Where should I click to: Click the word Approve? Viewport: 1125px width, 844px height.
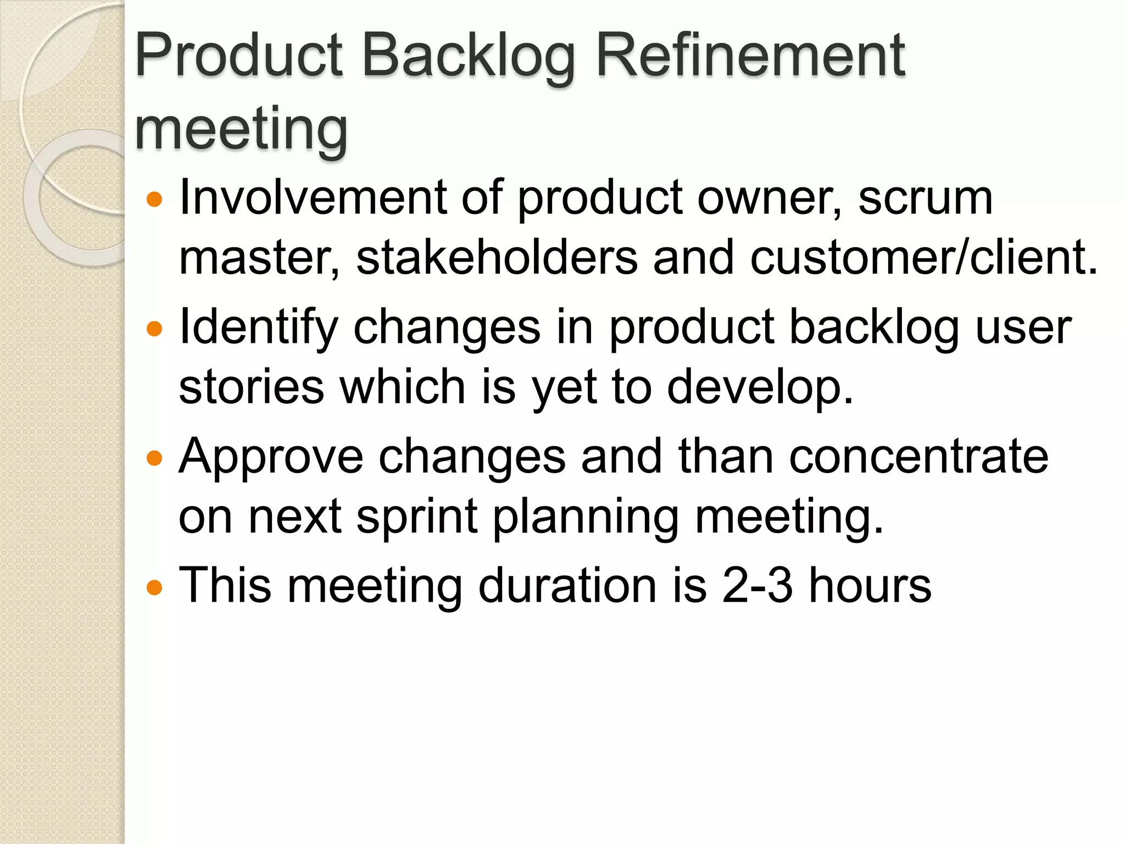click(271, 457)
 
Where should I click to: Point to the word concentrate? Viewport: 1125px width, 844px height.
click(918, 457)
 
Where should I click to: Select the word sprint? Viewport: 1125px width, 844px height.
click(417, 517)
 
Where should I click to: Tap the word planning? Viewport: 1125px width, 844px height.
click(585, 517)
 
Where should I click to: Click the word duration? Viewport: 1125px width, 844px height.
click(567, 586)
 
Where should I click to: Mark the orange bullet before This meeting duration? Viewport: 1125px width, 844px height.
click(155, 587)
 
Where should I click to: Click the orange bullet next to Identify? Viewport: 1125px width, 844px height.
click(155, 329)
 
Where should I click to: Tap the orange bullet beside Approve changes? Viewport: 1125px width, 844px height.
click(155, 458)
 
